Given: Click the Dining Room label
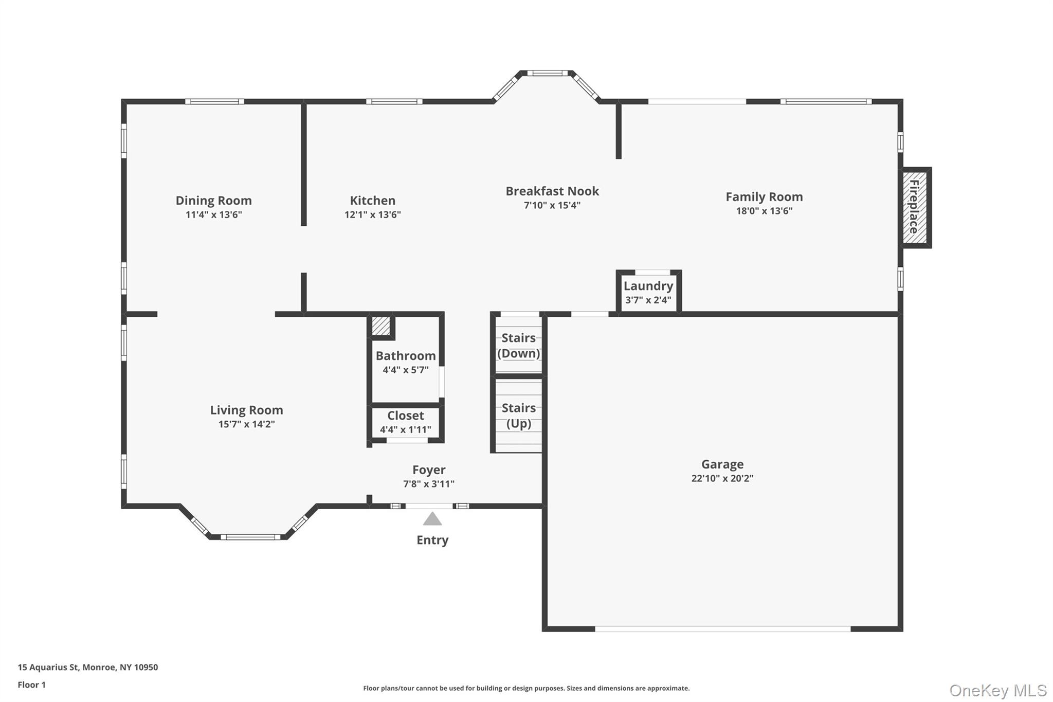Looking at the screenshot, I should [213, 201].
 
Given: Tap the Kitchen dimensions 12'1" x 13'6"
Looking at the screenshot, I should [372, 214].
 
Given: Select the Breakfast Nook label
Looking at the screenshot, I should [552, 191].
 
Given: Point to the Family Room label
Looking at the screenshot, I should [764, 197].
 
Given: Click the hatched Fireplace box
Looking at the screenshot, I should [915, 207].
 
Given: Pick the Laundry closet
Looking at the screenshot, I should [648, 292].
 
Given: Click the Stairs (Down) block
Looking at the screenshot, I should [518, 345].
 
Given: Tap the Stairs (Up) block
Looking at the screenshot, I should [518, 416].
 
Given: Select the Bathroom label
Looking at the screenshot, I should [406, 356].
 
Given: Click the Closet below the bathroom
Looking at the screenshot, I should [406, 422].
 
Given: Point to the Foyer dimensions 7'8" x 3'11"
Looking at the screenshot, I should [429, 484].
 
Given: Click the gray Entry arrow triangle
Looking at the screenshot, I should [432, 519].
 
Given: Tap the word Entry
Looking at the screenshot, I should [432, 540].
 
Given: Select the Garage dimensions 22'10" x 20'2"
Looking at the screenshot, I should [722, 478].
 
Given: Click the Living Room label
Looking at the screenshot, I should [246, 410].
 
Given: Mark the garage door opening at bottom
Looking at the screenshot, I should [722, 628].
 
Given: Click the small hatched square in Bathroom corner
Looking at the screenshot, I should [381, 326].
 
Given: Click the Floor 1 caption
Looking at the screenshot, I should [32, 685].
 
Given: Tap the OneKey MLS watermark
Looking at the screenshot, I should [997, 690].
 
